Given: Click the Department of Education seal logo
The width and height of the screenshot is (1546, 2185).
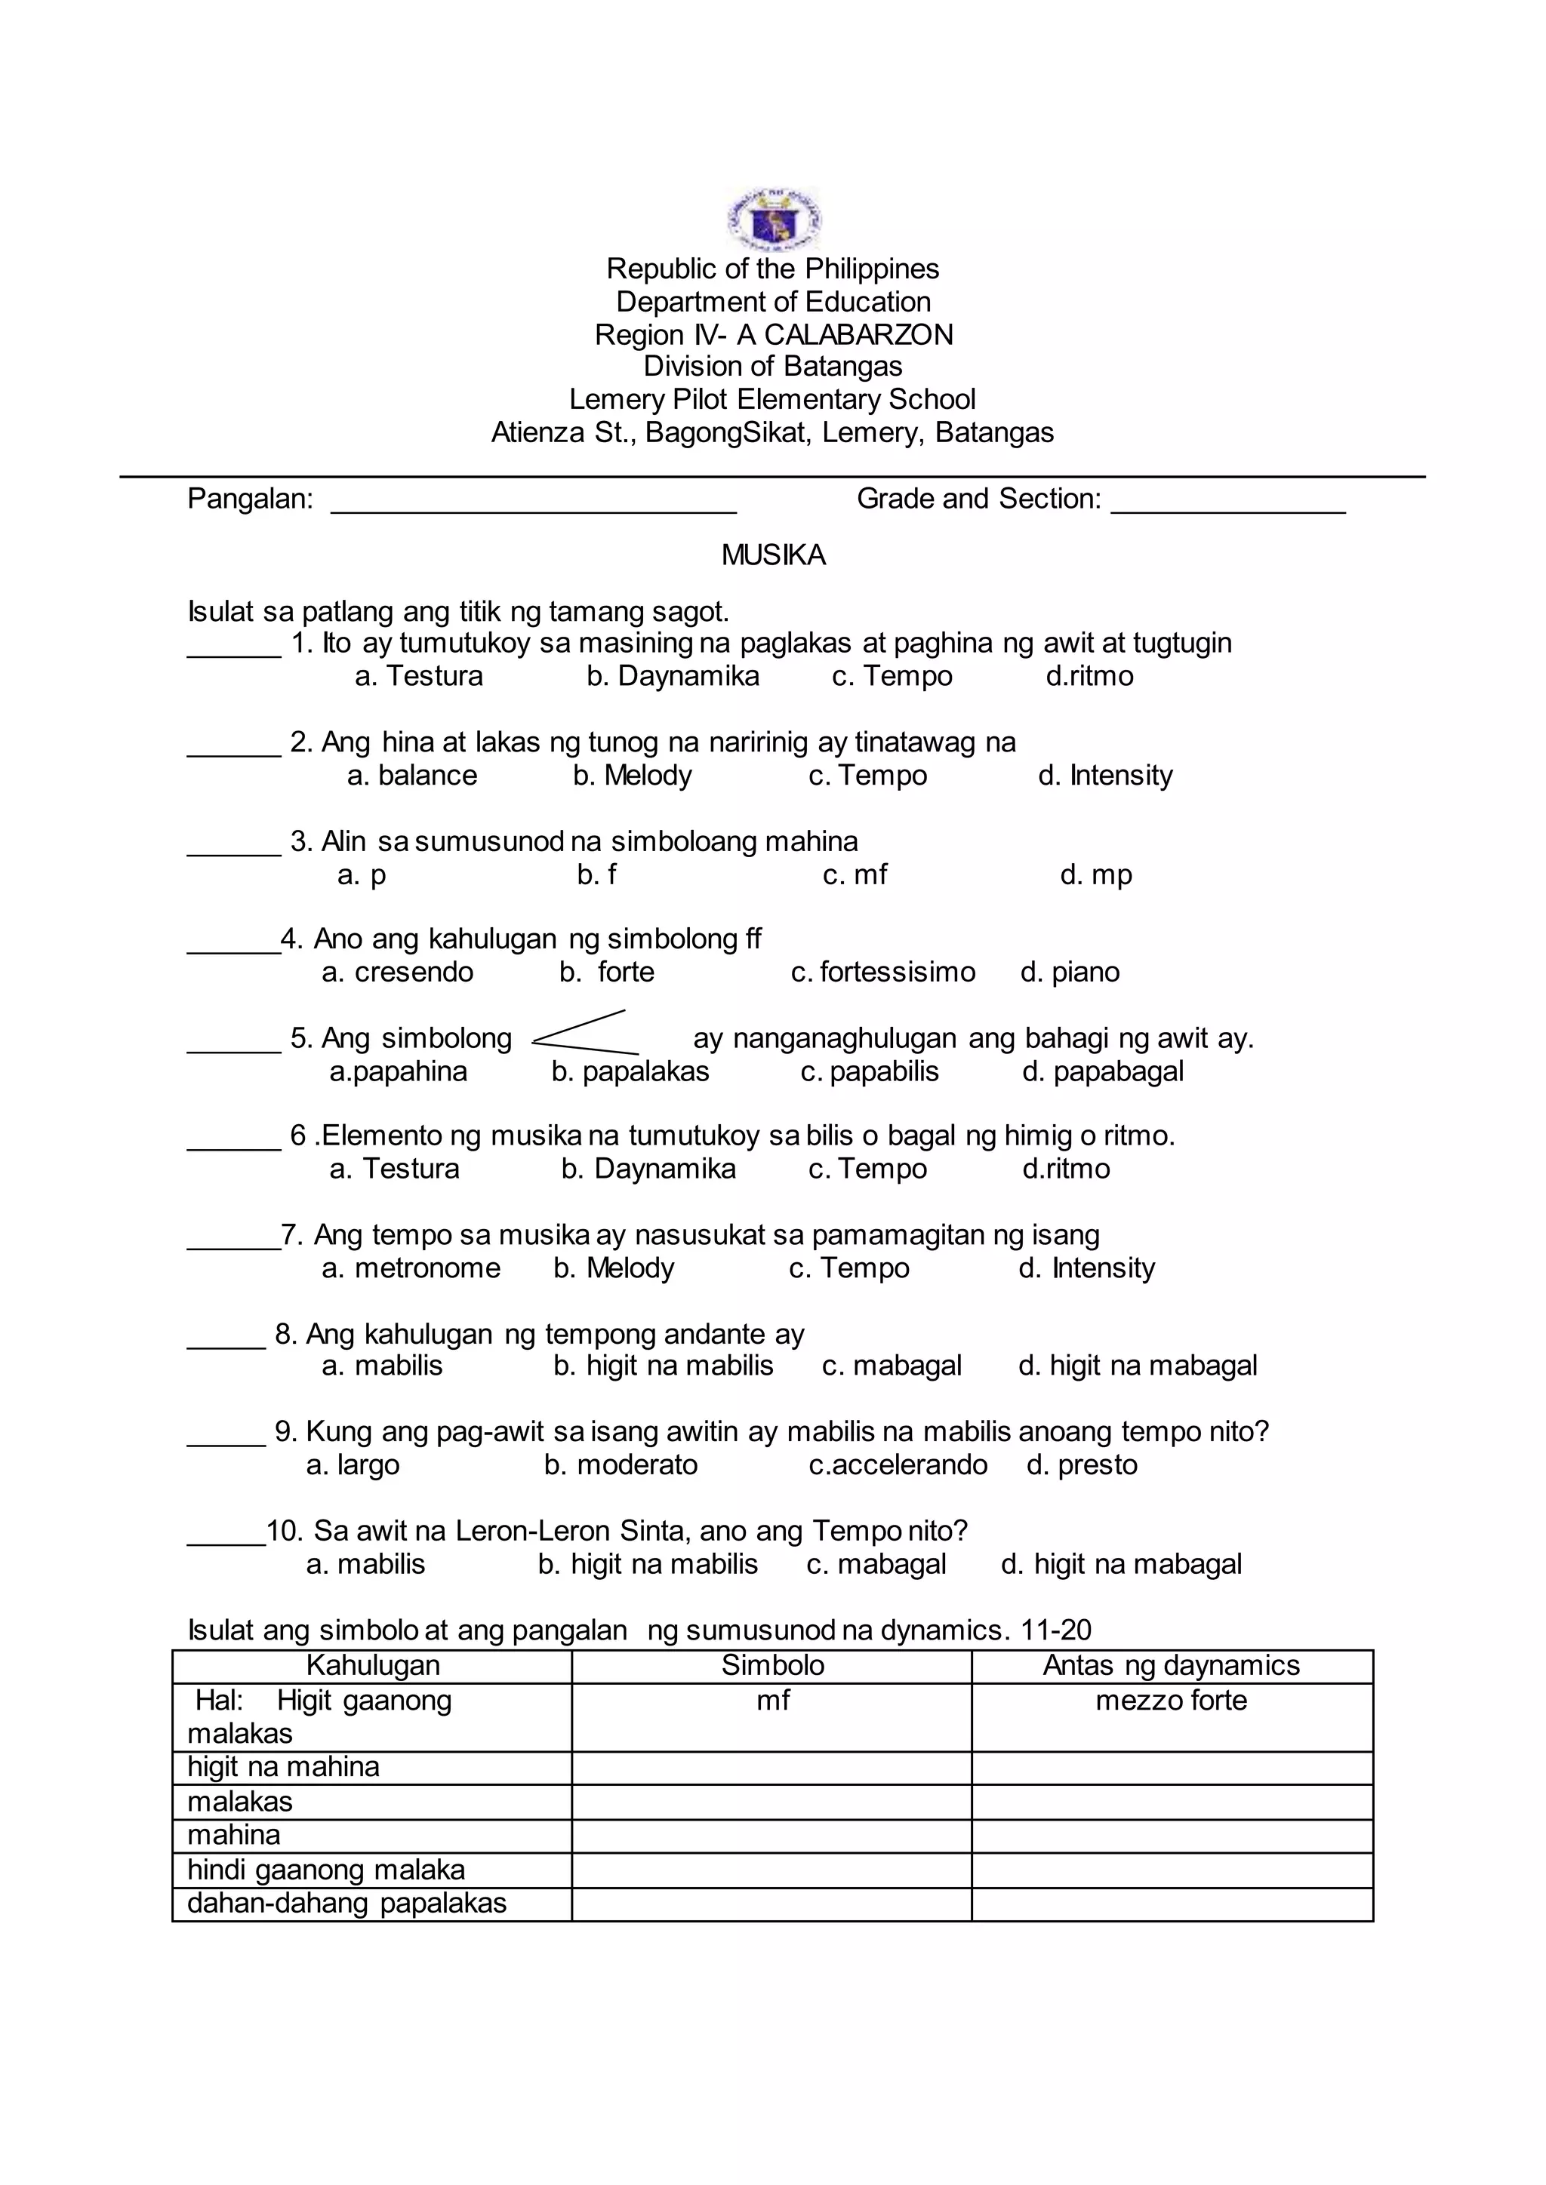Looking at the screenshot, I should [773, 218].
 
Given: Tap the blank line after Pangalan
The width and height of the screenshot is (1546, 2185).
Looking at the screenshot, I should [533, 505].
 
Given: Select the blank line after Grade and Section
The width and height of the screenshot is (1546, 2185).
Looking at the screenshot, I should [1228, 505].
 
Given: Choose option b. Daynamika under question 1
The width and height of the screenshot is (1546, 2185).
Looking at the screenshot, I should [673, 677].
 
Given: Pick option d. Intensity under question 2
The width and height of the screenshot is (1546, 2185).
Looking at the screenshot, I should [1105, 776].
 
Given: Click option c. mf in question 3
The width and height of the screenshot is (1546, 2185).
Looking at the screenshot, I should [855, 874].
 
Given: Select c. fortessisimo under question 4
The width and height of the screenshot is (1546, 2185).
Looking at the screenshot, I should [883, 973].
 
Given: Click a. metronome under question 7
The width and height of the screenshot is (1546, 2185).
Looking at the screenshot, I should [411, 1268].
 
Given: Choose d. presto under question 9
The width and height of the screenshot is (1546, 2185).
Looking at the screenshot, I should [1083, 1464].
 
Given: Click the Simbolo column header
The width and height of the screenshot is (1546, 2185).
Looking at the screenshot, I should [772, 1664].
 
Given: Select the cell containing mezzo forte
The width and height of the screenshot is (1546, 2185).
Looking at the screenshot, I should [1171, 1701].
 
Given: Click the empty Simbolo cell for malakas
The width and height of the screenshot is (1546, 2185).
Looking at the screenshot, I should [772, 1802].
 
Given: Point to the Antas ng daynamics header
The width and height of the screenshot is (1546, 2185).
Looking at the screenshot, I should [1171, 1664].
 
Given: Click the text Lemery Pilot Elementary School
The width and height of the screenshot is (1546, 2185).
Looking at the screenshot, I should [772, 400].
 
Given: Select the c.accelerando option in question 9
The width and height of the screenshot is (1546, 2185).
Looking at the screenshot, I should [898, 1464].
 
